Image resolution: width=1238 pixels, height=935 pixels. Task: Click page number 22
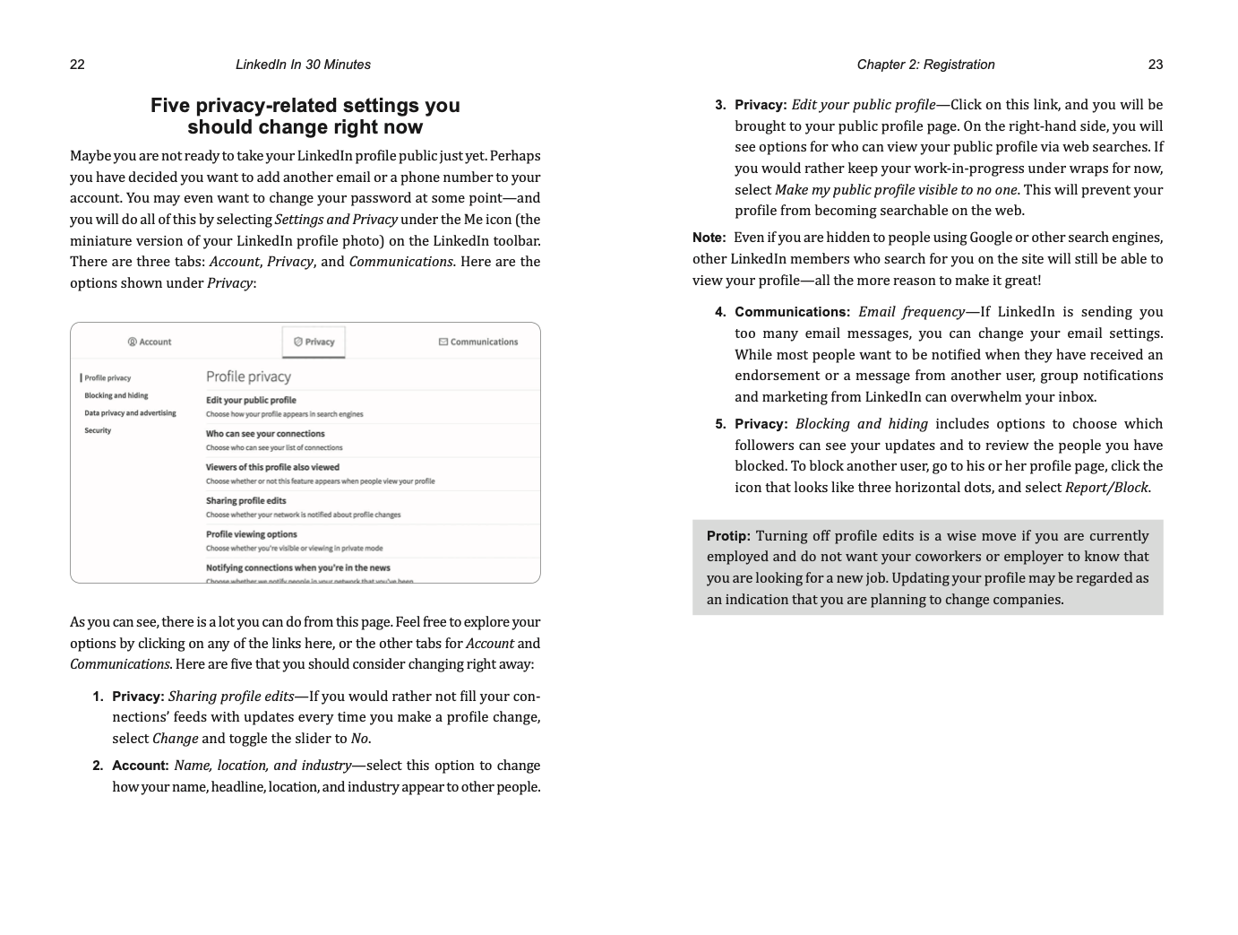tap(77, 65)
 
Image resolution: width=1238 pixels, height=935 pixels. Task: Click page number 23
tap(1155, 65)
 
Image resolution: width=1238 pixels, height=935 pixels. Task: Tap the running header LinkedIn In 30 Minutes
tap(303, 65)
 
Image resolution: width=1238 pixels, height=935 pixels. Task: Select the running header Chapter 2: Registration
tap(925, 65)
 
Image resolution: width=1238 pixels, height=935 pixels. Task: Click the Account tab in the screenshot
tap(150, 342)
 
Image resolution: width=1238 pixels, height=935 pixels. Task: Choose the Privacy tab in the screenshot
tap(314, 342)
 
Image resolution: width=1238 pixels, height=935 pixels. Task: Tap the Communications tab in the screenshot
tap(478, 342)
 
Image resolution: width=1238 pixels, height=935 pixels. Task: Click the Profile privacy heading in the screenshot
tap(248, 377)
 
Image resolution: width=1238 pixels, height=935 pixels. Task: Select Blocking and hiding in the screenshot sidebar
tap(116, 395)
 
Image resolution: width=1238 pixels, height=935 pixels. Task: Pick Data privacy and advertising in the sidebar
tap(130, 413)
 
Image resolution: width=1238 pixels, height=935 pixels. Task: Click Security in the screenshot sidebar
tap(98, 430)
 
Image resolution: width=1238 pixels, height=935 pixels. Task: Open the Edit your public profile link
tap(251, 400)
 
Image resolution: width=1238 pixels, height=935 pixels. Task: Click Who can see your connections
tap(265, 434)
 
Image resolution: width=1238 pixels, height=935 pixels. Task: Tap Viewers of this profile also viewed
tap(272, 467)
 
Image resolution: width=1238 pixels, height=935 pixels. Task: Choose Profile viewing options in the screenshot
tap(251, 534)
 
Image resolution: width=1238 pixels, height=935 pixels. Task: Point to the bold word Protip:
tap(727, 536)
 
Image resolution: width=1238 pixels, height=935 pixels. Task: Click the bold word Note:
tap(709, 238)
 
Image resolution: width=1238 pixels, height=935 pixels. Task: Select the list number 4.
tap(720, 312)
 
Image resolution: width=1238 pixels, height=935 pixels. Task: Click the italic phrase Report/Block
tap(1105, 488)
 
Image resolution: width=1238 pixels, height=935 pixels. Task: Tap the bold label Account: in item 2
tap(140, 766)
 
